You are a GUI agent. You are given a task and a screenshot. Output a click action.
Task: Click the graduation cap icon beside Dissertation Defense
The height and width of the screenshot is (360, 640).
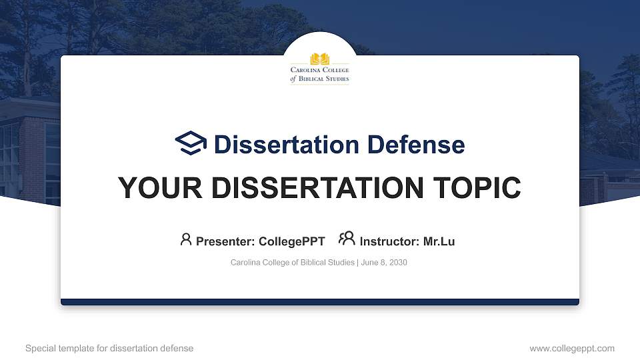tap(191, 143)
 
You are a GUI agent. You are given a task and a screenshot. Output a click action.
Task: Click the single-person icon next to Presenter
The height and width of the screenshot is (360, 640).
tap(186, 239)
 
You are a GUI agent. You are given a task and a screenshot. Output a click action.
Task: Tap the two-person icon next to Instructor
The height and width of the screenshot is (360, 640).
tap(347, 239)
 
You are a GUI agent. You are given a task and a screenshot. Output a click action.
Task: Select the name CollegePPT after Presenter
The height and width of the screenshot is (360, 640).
tap(291, 241)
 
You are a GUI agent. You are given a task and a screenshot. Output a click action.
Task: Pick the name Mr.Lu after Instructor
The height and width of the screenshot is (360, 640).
tap(439, 241)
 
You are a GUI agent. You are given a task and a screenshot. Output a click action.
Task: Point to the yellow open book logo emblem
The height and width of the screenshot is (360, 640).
tap(320, 59)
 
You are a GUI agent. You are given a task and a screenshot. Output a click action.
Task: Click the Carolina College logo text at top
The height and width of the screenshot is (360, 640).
tap(320, 75)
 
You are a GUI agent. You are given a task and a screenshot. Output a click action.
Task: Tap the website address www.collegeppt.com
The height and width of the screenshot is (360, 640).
tap(572, 349)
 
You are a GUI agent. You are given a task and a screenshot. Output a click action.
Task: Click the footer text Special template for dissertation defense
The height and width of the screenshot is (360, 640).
tap(109, 349)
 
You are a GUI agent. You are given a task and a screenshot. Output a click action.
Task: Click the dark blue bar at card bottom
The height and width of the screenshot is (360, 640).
tap(320, 302)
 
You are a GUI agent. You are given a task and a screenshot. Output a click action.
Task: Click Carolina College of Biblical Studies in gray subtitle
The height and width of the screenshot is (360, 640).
tap(293, 263)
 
